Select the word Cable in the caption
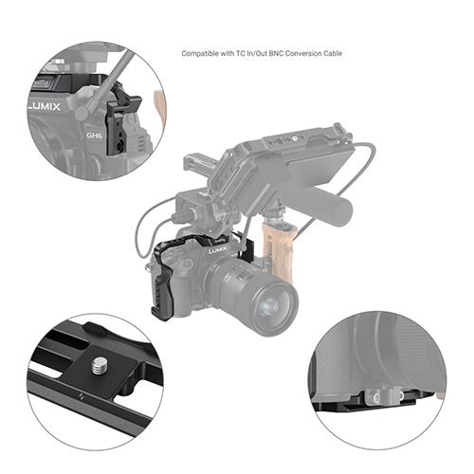[x=333, y=53]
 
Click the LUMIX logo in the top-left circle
[x=44, y=106]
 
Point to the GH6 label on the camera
[x=94, y=136]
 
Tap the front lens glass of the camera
[x=269, y=306]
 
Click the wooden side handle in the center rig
[x=280, y=249]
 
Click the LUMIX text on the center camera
[x=218, y=250]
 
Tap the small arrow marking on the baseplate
[x=81, y=396]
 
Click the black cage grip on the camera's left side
[x=161, y=284]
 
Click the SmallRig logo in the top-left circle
[x=41, y=82]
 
